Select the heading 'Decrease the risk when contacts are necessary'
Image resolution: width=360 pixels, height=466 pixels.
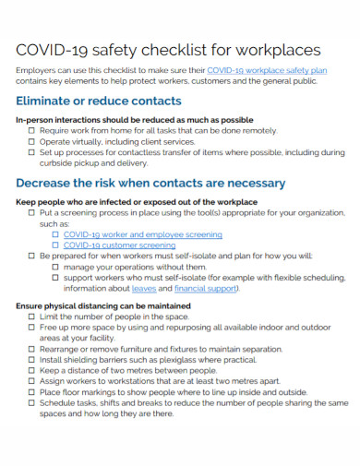[x=150, y=182]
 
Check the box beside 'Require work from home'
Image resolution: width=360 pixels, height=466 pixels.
[x=32, y=131]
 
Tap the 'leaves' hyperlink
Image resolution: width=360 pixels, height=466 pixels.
[x=144, y=288]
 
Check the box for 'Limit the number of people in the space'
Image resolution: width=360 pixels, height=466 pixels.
[x=32, y=316]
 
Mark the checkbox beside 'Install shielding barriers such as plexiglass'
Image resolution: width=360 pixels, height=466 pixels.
[x=32, y=359]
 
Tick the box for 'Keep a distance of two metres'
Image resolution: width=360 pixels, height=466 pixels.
[x=32, y=370]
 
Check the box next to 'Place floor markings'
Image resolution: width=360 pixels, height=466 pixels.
[x=32, y=391]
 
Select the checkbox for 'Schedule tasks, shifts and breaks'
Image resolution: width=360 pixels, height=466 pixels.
[x=32, y=402]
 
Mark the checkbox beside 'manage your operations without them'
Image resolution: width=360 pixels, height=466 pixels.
[x=55, y=267]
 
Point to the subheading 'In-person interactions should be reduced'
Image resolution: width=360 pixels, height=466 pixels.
[x=135, y=120]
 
